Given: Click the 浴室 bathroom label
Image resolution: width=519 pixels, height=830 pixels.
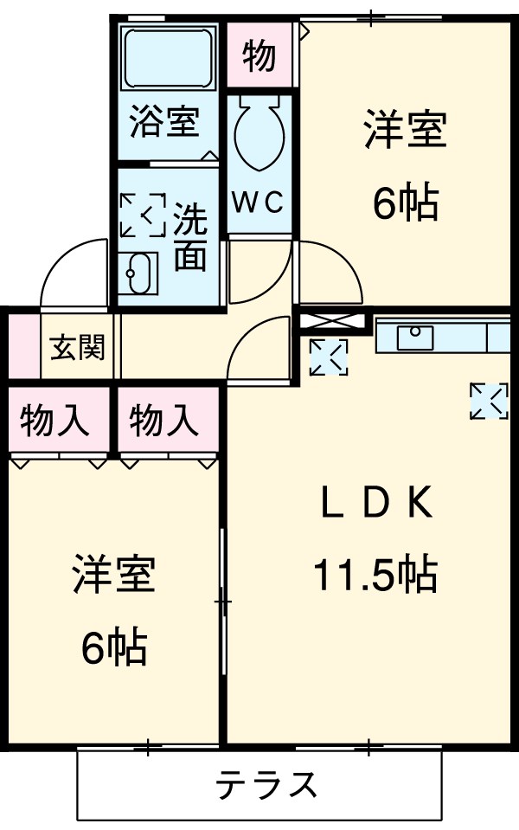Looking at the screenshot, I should [x=165, y=122].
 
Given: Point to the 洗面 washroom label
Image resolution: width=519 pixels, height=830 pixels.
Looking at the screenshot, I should [x=189, y=237].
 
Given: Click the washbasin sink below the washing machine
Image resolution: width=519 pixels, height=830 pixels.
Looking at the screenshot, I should [x=138, y=275].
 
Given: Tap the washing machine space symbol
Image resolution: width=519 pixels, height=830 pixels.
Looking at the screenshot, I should [x=142, y=214].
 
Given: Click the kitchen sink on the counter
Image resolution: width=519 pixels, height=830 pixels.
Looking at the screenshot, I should [x=415, y=336].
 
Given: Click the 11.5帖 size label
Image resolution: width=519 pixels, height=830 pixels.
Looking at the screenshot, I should [x=375, y=574].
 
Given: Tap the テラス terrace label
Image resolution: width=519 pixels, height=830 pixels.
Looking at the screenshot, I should [x=266, y=785].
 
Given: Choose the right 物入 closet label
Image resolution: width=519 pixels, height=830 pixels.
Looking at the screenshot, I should [x=165, y=421].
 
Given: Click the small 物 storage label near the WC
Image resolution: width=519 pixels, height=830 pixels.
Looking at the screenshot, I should [x=259, y=55].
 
